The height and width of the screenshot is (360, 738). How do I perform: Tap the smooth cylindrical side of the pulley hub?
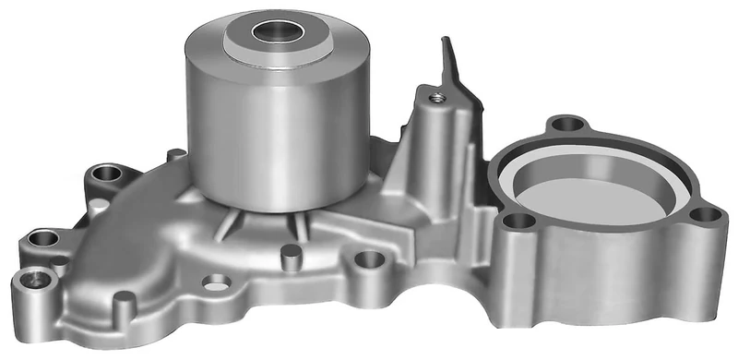(277, 129)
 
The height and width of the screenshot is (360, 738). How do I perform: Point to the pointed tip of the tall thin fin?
(446, 42)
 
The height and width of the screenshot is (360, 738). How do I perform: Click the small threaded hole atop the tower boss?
(434, 95)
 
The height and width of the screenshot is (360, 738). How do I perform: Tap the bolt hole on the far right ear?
(706, 214)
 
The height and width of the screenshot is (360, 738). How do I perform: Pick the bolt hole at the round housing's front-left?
(519, 222)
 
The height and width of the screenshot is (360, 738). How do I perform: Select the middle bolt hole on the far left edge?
(42, 239)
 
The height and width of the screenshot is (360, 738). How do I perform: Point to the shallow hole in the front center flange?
(216, 281)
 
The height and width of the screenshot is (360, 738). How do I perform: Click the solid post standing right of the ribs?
(290, 252)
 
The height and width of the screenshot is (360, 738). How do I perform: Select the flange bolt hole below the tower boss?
(369, 259)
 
